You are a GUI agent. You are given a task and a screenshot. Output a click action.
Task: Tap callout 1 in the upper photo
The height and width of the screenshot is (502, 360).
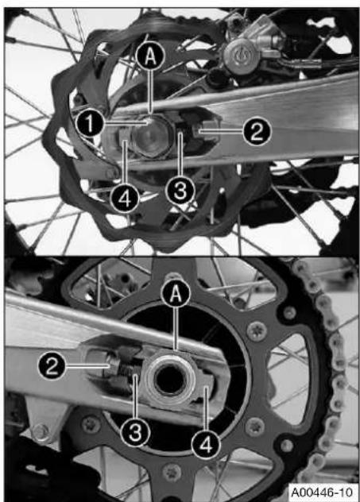tap(90, 123)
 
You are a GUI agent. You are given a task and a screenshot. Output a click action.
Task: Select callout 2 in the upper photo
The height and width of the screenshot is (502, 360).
tap(257, 130)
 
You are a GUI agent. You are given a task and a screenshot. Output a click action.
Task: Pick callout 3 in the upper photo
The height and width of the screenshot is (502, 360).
tap(180, 191)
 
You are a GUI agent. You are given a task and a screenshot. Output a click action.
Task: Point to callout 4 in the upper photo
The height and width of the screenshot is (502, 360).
tap(125, 199)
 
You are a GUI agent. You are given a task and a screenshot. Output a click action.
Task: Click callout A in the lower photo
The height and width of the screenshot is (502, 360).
tap(176, 293)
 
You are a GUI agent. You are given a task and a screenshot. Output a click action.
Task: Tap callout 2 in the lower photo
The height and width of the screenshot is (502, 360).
tap(52, 365)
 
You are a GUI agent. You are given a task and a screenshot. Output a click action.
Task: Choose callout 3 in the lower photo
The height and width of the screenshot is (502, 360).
tap(135, 433)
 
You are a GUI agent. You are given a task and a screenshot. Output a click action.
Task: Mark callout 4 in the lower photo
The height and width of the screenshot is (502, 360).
tap(206, 444)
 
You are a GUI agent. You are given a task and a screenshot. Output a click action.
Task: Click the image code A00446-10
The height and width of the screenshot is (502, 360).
tap(323, 492)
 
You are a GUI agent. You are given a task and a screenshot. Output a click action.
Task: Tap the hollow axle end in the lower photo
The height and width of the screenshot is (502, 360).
tap(170, 380)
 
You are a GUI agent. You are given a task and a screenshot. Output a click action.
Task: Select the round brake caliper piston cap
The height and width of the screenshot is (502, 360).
tap(239, 55)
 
